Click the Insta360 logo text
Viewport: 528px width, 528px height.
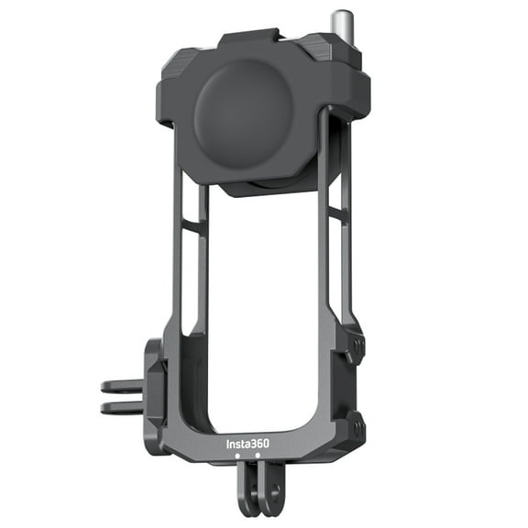(247, 445)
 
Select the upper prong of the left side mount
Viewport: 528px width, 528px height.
(121, 386)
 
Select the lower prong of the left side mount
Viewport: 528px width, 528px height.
(121, 406)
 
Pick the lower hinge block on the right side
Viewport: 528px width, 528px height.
(353, 423)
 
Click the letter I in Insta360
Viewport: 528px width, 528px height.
(228, 445)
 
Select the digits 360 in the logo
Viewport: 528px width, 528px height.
(259, 445)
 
